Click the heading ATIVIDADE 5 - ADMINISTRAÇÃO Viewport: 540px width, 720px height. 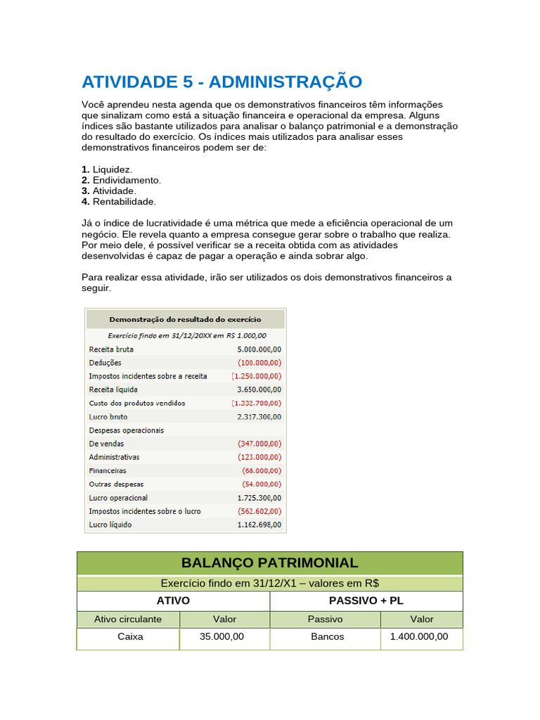(x=221, y=82)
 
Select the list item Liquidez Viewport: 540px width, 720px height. (x=112, y=169)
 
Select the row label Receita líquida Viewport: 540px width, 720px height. (x=113, y=390)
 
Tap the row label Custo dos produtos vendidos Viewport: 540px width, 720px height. (x=137, y=404)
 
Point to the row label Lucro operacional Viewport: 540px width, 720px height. (x=118, y=498)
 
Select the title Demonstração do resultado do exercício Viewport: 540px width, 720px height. (x=185, y=319)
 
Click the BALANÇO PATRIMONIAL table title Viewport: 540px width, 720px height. (x=269, y=563)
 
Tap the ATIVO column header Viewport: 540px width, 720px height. (x=173, y=601)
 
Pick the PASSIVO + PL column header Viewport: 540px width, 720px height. (x=366, y=601)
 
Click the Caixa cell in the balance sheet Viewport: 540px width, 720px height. (x=130, y=636)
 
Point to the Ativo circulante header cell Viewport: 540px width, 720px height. (x=128, y=619)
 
